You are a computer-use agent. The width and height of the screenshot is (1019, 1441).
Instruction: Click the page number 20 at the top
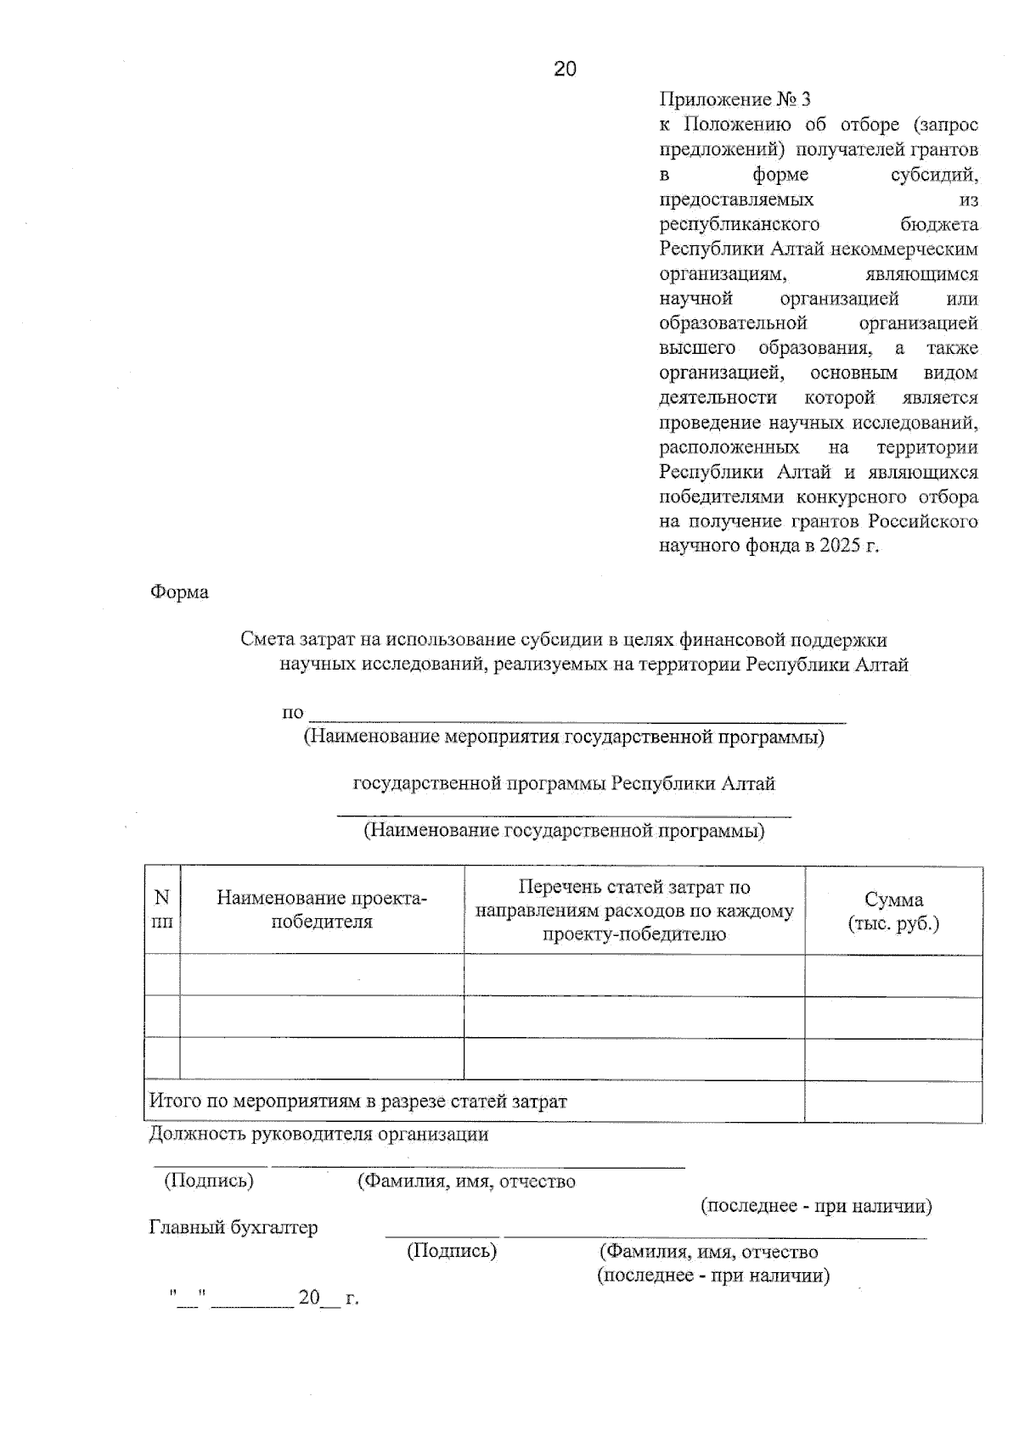[565, 70]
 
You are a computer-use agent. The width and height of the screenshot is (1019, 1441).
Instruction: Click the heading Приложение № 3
[735, 100]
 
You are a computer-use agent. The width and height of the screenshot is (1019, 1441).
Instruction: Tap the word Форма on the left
[179, 592]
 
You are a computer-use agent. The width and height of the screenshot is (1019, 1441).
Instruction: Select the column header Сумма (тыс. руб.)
[893, 911]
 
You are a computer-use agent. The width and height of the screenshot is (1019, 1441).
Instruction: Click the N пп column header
[161, 909]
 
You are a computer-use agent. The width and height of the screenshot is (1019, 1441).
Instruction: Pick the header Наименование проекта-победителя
[322, 910]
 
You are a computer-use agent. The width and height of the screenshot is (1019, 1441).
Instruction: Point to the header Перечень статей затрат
[634, 910]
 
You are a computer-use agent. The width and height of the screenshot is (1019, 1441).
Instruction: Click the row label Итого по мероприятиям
[357, 1102]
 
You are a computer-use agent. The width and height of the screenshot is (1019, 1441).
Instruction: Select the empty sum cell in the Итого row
[893, 1102]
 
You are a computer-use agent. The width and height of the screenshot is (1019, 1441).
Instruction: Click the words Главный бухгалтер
[234, 1227]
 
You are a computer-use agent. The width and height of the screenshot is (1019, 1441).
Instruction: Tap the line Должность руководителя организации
[318, 1134]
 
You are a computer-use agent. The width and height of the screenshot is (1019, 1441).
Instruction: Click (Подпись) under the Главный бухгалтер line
[452, 1250]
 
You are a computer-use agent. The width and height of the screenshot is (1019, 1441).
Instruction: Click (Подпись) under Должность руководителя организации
[209, 1180]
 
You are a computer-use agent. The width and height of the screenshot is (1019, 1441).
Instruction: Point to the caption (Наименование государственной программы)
[564, 831]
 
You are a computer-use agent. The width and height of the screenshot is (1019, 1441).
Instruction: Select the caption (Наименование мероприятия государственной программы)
[564, 737]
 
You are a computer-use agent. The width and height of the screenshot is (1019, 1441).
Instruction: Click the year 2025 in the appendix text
[840, 546]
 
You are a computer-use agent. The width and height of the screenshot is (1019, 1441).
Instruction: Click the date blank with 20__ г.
[327, 1298]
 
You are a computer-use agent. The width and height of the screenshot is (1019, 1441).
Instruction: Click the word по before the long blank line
[293, 713]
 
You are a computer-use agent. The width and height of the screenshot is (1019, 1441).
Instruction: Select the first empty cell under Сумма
[893, 975]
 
